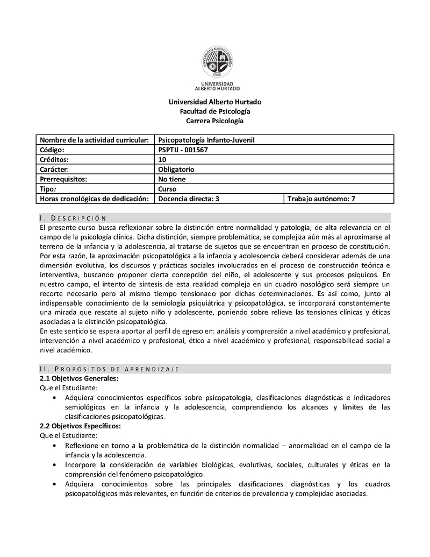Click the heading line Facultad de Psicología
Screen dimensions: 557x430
(215, 111)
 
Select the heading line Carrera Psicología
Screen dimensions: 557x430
(215, 121)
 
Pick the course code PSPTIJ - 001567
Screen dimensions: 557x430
(183, 150)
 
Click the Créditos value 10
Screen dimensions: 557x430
(163, 160)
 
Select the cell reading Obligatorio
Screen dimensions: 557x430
(176, 170)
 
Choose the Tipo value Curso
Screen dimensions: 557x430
(168, 189)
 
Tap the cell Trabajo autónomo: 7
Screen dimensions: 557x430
(321, 199)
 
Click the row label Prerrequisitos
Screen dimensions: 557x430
(63, 179)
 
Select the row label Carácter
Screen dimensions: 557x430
(55, 170)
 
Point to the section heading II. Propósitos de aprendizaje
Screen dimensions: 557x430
(109, 369)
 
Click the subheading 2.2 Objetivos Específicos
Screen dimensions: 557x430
(81, 426)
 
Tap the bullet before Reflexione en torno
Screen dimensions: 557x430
(56, 446)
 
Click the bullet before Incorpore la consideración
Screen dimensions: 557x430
(56, 464)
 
